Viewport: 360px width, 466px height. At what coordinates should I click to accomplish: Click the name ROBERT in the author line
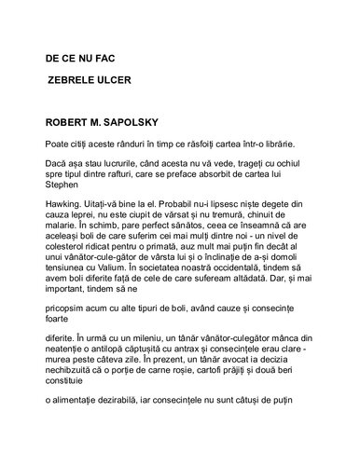[68, 122]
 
